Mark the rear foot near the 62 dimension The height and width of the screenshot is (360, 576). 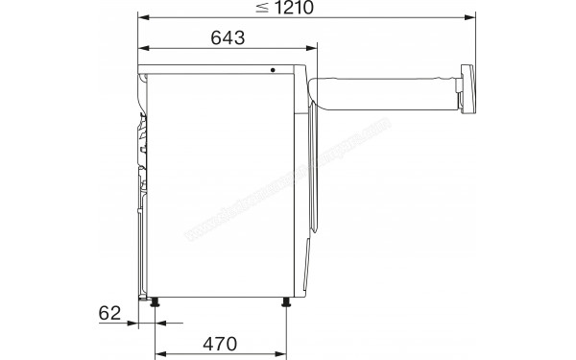click(x=154, y=302)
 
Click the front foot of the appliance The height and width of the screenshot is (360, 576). click(x=286, y=302)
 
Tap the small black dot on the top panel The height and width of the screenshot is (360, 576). click(x=272, y=70)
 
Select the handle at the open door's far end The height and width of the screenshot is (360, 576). click(x=468, y=89)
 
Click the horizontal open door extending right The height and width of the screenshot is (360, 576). click(x=384, y=92)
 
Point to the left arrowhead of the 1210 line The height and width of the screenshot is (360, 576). click(x=141, y=17)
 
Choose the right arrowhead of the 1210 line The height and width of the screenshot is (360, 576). click(x=473, y=17)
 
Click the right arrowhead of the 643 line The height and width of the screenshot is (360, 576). click(x=311, y=48)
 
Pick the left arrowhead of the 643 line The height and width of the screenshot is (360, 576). click(x=141, y=48)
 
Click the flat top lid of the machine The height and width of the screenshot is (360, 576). click(x=221, y=69)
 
